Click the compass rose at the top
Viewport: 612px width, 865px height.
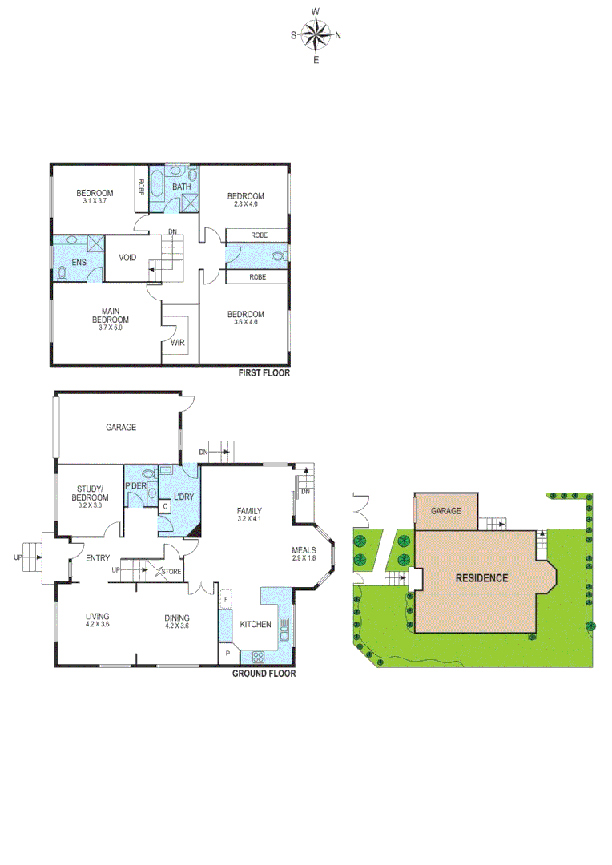pyautogui.click(x=316, y=34)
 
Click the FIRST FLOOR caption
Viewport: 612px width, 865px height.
pyautogui.click(x=264, y=373)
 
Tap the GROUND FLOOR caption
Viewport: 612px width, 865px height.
pyautogui.click(x=264, y=674)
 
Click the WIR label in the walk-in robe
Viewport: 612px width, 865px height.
pyautogui.click(x=177, y=343)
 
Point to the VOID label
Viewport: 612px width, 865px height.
pyautogui.click(x=127, y=258)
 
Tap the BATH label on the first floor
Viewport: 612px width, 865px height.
pyautogui.click(x=182, y=187)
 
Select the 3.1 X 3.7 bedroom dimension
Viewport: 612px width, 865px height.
pyautogui.click(x=95, y=201)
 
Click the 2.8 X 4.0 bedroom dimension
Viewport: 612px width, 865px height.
pyautogui.click(x=245, y=204)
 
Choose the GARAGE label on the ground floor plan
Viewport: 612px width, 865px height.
pyautogui.click(x=121, y=428)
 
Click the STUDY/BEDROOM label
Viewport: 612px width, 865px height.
pyautogui.click(x=92, y=493)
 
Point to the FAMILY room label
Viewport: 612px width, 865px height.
pyautogui.click(x=249, y=511)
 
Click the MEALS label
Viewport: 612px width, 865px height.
pyautogui.click(x=303, y=550)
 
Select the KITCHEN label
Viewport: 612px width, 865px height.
pyautogui.click(x=255, y=624)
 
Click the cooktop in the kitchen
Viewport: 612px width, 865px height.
pyautogui.click(x=259, y=656)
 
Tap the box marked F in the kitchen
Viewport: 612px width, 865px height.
pyautogui.click(x=227, y=598)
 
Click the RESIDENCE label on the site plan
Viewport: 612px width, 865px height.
pyautogui.click(x=481, y=577)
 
